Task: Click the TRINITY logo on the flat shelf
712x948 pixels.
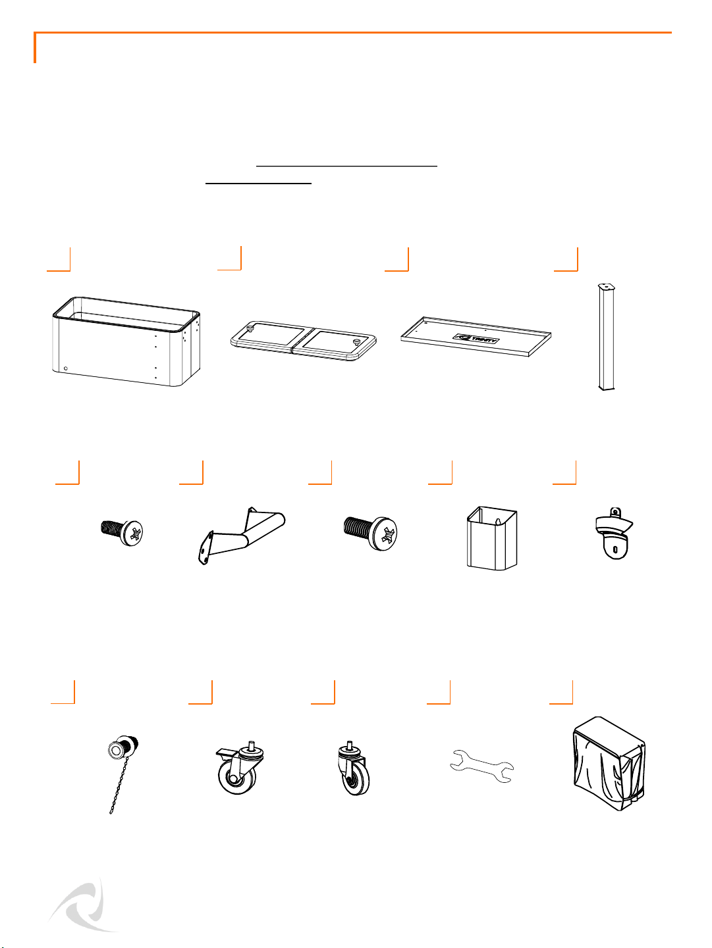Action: click(476, 339)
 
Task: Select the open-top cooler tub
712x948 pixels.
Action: click(126, 341)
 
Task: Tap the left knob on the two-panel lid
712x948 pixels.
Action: click(249, 329)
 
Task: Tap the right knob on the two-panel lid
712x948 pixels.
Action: click(356, 342)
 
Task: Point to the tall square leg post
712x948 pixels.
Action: click(606, 337)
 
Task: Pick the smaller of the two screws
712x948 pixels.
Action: click(122, 533)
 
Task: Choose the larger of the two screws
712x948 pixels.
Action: click(370, 532)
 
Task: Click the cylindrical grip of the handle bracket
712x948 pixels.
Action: click(265, 527)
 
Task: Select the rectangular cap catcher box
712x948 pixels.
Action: click(492, 538)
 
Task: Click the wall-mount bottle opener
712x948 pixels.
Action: click(614, 534)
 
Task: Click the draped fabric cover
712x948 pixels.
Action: click(609, 764)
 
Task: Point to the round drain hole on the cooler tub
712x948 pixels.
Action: click(66, 368)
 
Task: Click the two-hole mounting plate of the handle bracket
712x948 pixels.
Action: click(205, 547)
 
